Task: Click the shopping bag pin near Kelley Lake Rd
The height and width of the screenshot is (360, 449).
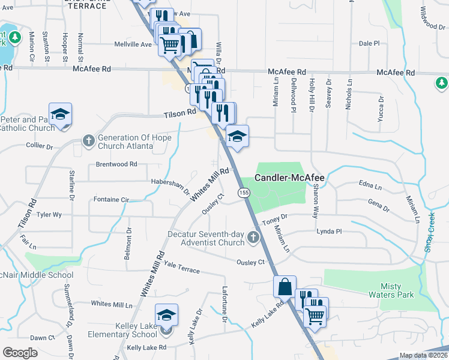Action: (x=285, y=287)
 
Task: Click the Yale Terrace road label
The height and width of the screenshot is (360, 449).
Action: (x=181, y=268)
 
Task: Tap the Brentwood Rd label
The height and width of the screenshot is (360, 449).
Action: (x=116, y=164)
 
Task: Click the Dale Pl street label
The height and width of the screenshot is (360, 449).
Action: (x=369, y=44)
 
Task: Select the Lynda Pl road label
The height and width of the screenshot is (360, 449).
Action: (x=328, y=231)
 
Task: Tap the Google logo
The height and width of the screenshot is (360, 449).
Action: (x=20, y=353)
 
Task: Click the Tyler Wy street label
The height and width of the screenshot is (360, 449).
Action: (x=49, y=214)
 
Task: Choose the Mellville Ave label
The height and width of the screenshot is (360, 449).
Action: (x=133, y=44)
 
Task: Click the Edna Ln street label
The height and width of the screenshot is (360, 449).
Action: (x=369, y=186)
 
